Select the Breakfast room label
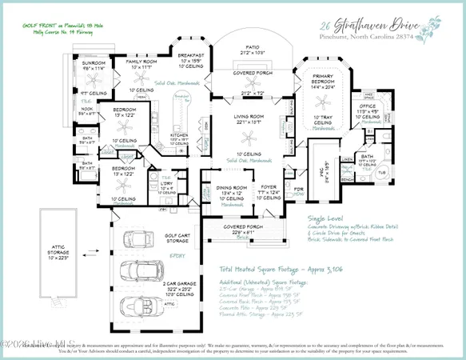(x=190, y=56)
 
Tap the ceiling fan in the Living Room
(x=252, y=137)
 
